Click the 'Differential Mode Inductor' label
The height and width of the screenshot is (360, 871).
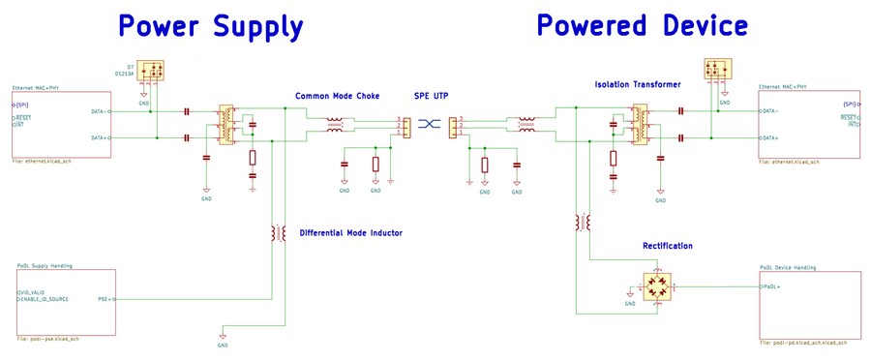[x=350, y=233]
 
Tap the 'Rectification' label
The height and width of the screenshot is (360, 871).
[x=668, y=246]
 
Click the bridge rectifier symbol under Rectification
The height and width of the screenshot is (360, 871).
[x=658, y=286]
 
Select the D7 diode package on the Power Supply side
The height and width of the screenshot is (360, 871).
[x=151, y=71]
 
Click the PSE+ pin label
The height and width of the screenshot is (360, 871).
[x=105, y=299]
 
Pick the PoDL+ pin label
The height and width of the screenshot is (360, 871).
[x=771, y=287]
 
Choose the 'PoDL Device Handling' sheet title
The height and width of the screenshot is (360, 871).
[x=789, y=267]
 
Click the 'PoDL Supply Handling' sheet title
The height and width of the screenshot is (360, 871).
[x=45, y=265]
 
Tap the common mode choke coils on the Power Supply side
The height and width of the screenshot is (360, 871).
[x=336, y=124]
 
